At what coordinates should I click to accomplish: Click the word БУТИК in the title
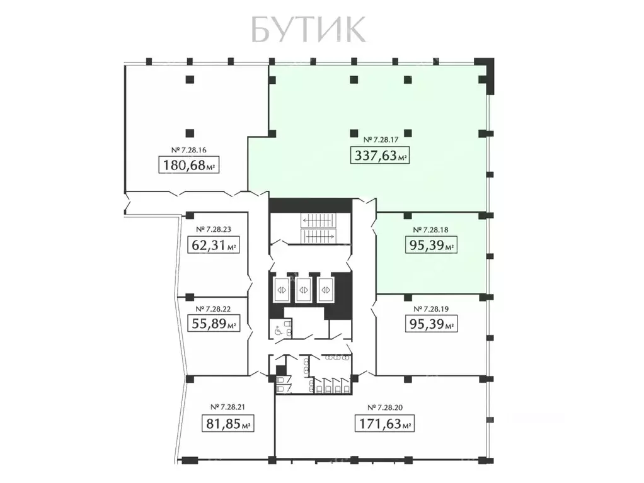308,28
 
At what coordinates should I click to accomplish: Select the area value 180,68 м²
190,166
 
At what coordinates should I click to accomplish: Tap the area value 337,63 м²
380,155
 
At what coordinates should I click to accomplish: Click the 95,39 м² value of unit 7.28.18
429,246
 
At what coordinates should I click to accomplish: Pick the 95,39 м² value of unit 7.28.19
429,325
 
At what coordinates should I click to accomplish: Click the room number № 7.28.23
214,229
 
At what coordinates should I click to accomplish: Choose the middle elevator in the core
304,290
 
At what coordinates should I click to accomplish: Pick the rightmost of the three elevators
327,290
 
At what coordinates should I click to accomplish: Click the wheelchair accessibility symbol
277,329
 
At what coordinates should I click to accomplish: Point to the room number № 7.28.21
228,407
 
